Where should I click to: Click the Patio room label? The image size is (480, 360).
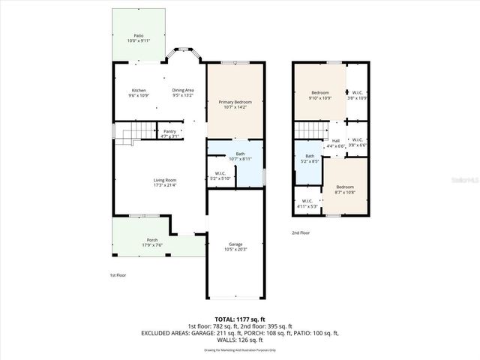pos(138,36)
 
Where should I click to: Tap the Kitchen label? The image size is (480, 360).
pos(139,91)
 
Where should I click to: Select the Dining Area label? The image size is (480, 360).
pos(183,91)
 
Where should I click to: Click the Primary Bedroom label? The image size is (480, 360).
pos(235,103)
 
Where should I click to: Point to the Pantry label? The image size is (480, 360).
pos(170,132)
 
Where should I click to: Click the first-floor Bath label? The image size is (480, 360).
pos(240,154)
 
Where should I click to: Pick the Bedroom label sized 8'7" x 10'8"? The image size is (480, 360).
pos(345,188)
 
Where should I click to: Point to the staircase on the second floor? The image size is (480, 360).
pos(307,132)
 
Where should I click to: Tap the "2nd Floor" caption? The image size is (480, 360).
pos(301,233)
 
